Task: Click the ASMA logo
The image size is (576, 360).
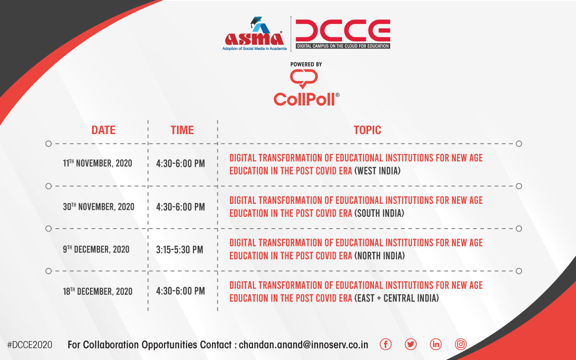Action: point(254,34)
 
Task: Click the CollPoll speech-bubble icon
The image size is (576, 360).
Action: point(304,79)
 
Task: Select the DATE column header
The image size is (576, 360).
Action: point(103,130)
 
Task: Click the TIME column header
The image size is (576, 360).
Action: point(182,130)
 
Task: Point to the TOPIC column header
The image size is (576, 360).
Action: point(367,130)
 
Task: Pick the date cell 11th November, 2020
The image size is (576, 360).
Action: point(98,163)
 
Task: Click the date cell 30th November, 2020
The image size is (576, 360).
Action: point(99,207)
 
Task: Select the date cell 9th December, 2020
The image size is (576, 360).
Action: point(96,249)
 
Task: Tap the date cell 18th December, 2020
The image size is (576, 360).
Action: point(98,291)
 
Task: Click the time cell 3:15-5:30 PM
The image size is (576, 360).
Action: point(180,250)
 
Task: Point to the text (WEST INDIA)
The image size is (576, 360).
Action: point(378,171)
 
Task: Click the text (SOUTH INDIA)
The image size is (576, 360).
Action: point(379,213)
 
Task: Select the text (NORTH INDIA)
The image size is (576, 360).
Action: point(379,256)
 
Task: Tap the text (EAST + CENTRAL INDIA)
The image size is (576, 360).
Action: point(396,298)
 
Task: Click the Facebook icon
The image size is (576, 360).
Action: point(386,344)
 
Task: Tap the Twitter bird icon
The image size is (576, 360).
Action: point(411,344)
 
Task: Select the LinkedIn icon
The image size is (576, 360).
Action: point(436,344)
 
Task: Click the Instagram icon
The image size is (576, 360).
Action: point(460,344)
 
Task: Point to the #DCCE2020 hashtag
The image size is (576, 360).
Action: point(30,345)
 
